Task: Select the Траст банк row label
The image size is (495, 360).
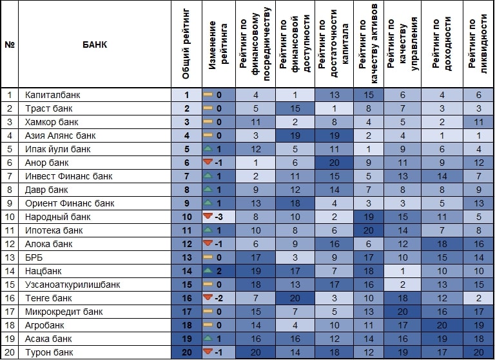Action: (48, 109)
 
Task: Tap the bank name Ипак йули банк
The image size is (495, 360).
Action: (54, 150)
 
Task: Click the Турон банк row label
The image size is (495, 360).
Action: (49, 352)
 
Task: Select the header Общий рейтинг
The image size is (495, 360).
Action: (186, 45)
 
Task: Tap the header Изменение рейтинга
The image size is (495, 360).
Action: (218, 45)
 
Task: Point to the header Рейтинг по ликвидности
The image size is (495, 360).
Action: (478, 45)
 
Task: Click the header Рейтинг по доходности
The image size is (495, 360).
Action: (442, 45)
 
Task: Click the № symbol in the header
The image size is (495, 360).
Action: (9, 45)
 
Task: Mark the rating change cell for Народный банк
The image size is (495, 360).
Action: (218, 217)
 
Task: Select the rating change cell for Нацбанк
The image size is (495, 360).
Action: (218, 271)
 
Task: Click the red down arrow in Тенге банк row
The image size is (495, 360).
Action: (208, 298)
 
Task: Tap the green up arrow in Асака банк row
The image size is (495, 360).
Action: (208, 339)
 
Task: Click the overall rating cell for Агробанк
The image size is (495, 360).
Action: (186, 325)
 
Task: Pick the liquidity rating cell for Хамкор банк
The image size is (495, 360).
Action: (478, 123)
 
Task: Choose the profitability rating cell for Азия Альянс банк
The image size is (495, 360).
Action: (442, 136)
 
